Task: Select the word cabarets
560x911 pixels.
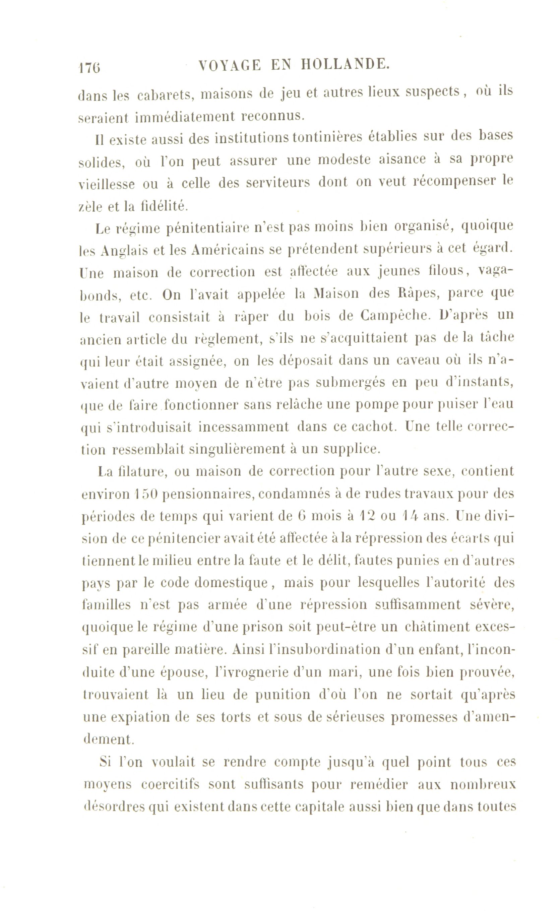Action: pos(164,95)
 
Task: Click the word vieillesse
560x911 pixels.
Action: pos(107,184)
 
